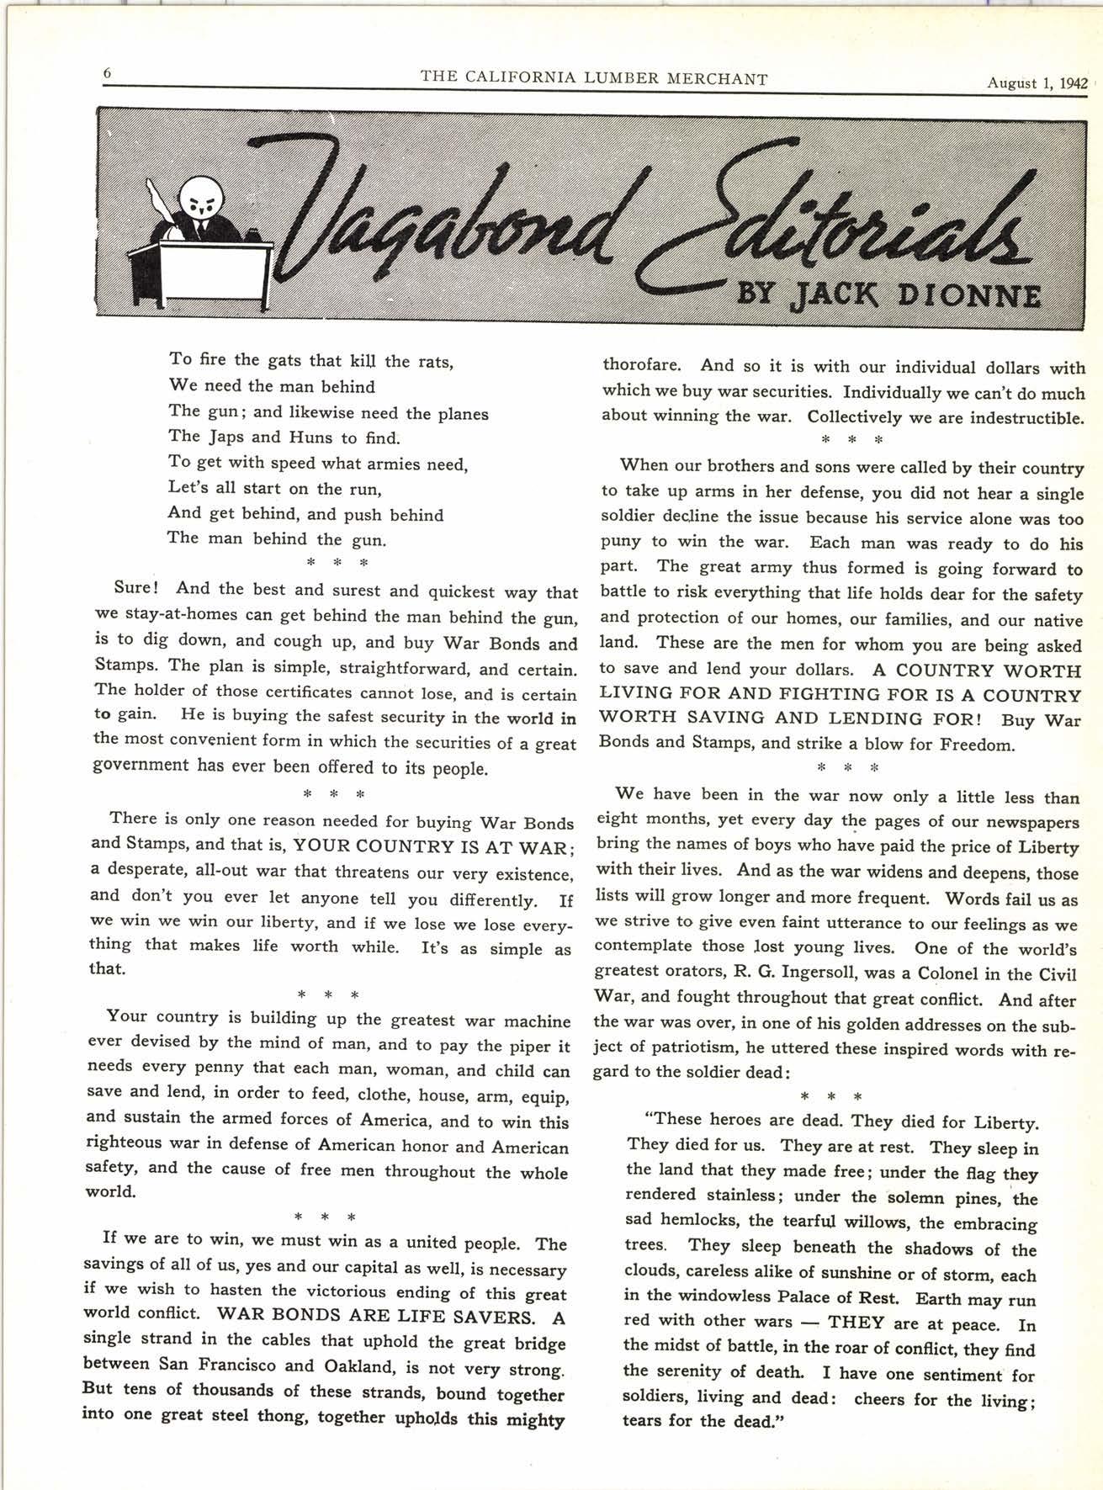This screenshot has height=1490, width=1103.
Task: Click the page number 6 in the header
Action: [107, 73]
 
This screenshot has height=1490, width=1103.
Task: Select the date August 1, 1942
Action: [1037, 82]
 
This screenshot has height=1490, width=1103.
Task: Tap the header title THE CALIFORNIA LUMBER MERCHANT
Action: [594, 78]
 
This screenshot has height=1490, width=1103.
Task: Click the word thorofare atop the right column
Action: [641, 365]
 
